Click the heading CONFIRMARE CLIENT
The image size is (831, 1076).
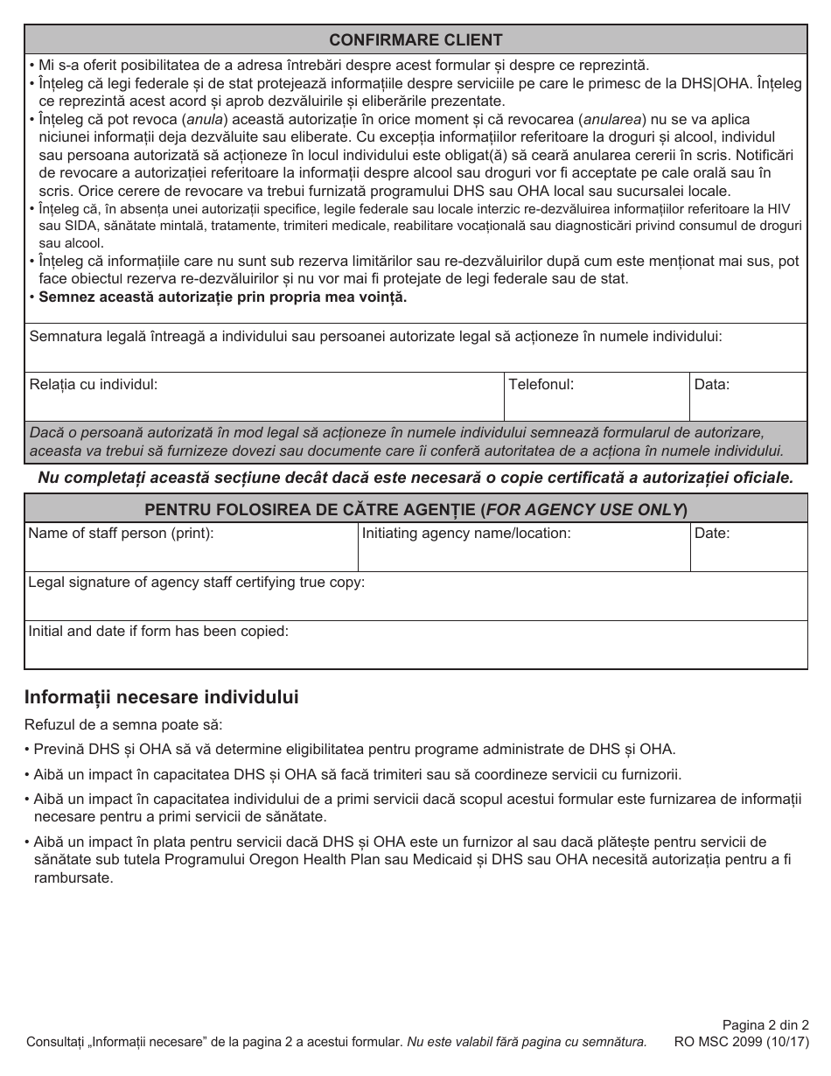415,39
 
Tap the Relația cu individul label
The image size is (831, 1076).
94,384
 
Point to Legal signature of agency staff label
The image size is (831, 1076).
197,583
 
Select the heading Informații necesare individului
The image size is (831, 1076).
162,697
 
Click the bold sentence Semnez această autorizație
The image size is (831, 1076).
223,297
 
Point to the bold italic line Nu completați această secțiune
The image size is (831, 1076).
415,478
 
